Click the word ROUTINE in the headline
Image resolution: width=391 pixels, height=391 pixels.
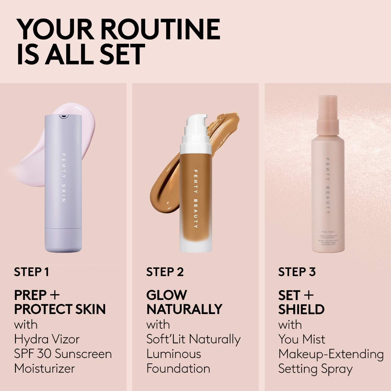click(x=160, y=29)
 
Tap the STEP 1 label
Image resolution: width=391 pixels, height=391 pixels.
click(x=31, y=272)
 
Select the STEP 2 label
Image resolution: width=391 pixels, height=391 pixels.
click(x=165, y=272)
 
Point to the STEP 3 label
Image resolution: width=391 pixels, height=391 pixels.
click(x=297, y=272)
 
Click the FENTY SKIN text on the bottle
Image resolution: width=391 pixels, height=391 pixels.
click(x=64, y=177)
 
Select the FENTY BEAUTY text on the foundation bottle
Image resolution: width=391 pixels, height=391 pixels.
click(x=195, y=199)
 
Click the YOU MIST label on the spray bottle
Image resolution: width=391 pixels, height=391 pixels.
click(x=328, y=232)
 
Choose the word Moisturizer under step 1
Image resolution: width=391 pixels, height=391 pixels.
click(x=44, y=368)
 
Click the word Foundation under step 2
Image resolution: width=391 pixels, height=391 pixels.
click(x=178, y=368)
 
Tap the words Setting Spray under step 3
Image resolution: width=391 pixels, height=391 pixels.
click(x=315, y=369)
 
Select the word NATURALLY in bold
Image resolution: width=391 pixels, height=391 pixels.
click(x=184, y=309)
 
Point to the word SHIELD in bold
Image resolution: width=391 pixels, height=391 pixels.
click(x=301, y=309)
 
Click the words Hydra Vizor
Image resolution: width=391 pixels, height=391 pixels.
click(x=47, y=339)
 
